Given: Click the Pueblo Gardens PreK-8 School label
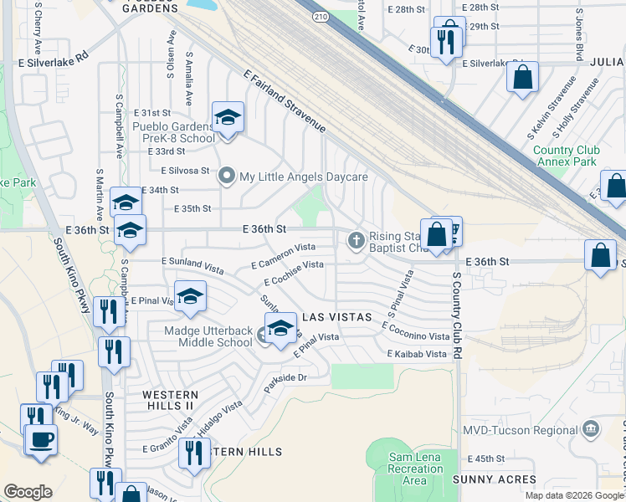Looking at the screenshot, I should pyautogui.click(x=174, y=132).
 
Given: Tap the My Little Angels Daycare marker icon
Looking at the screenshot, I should pyautogui.click(x=226, y=177).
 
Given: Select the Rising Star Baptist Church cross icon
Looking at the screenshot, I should pyautogui.click(x=356, y=241).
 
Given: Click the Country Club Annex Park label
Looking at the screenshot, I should pyautogui.click(x=565, y=156).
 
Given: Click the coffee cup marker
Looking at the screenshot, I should pyautogui.click(x=40, y=439).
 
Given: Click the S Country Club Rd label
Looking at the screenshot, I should pyautogui.click(x=457, y=315).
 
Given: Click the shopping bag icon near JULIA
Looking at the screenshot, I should pyautogui.click(x=522, y=77).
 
